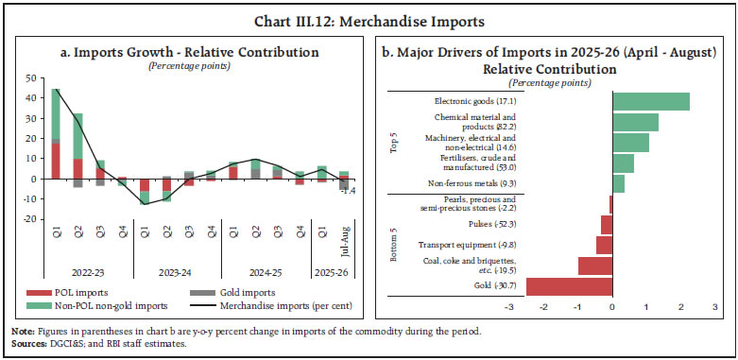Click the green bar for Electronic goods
click(x=650, y=102)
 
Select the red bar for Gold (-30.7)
click(x=569, y=286)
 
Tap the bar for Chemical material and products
click(x=635, y=122)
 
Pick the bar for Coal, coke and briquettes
click(x=594, y=266)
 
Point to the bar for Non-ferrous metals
click(x=618, y=183)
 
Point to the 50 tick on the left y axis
click(x=30, y=78)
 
